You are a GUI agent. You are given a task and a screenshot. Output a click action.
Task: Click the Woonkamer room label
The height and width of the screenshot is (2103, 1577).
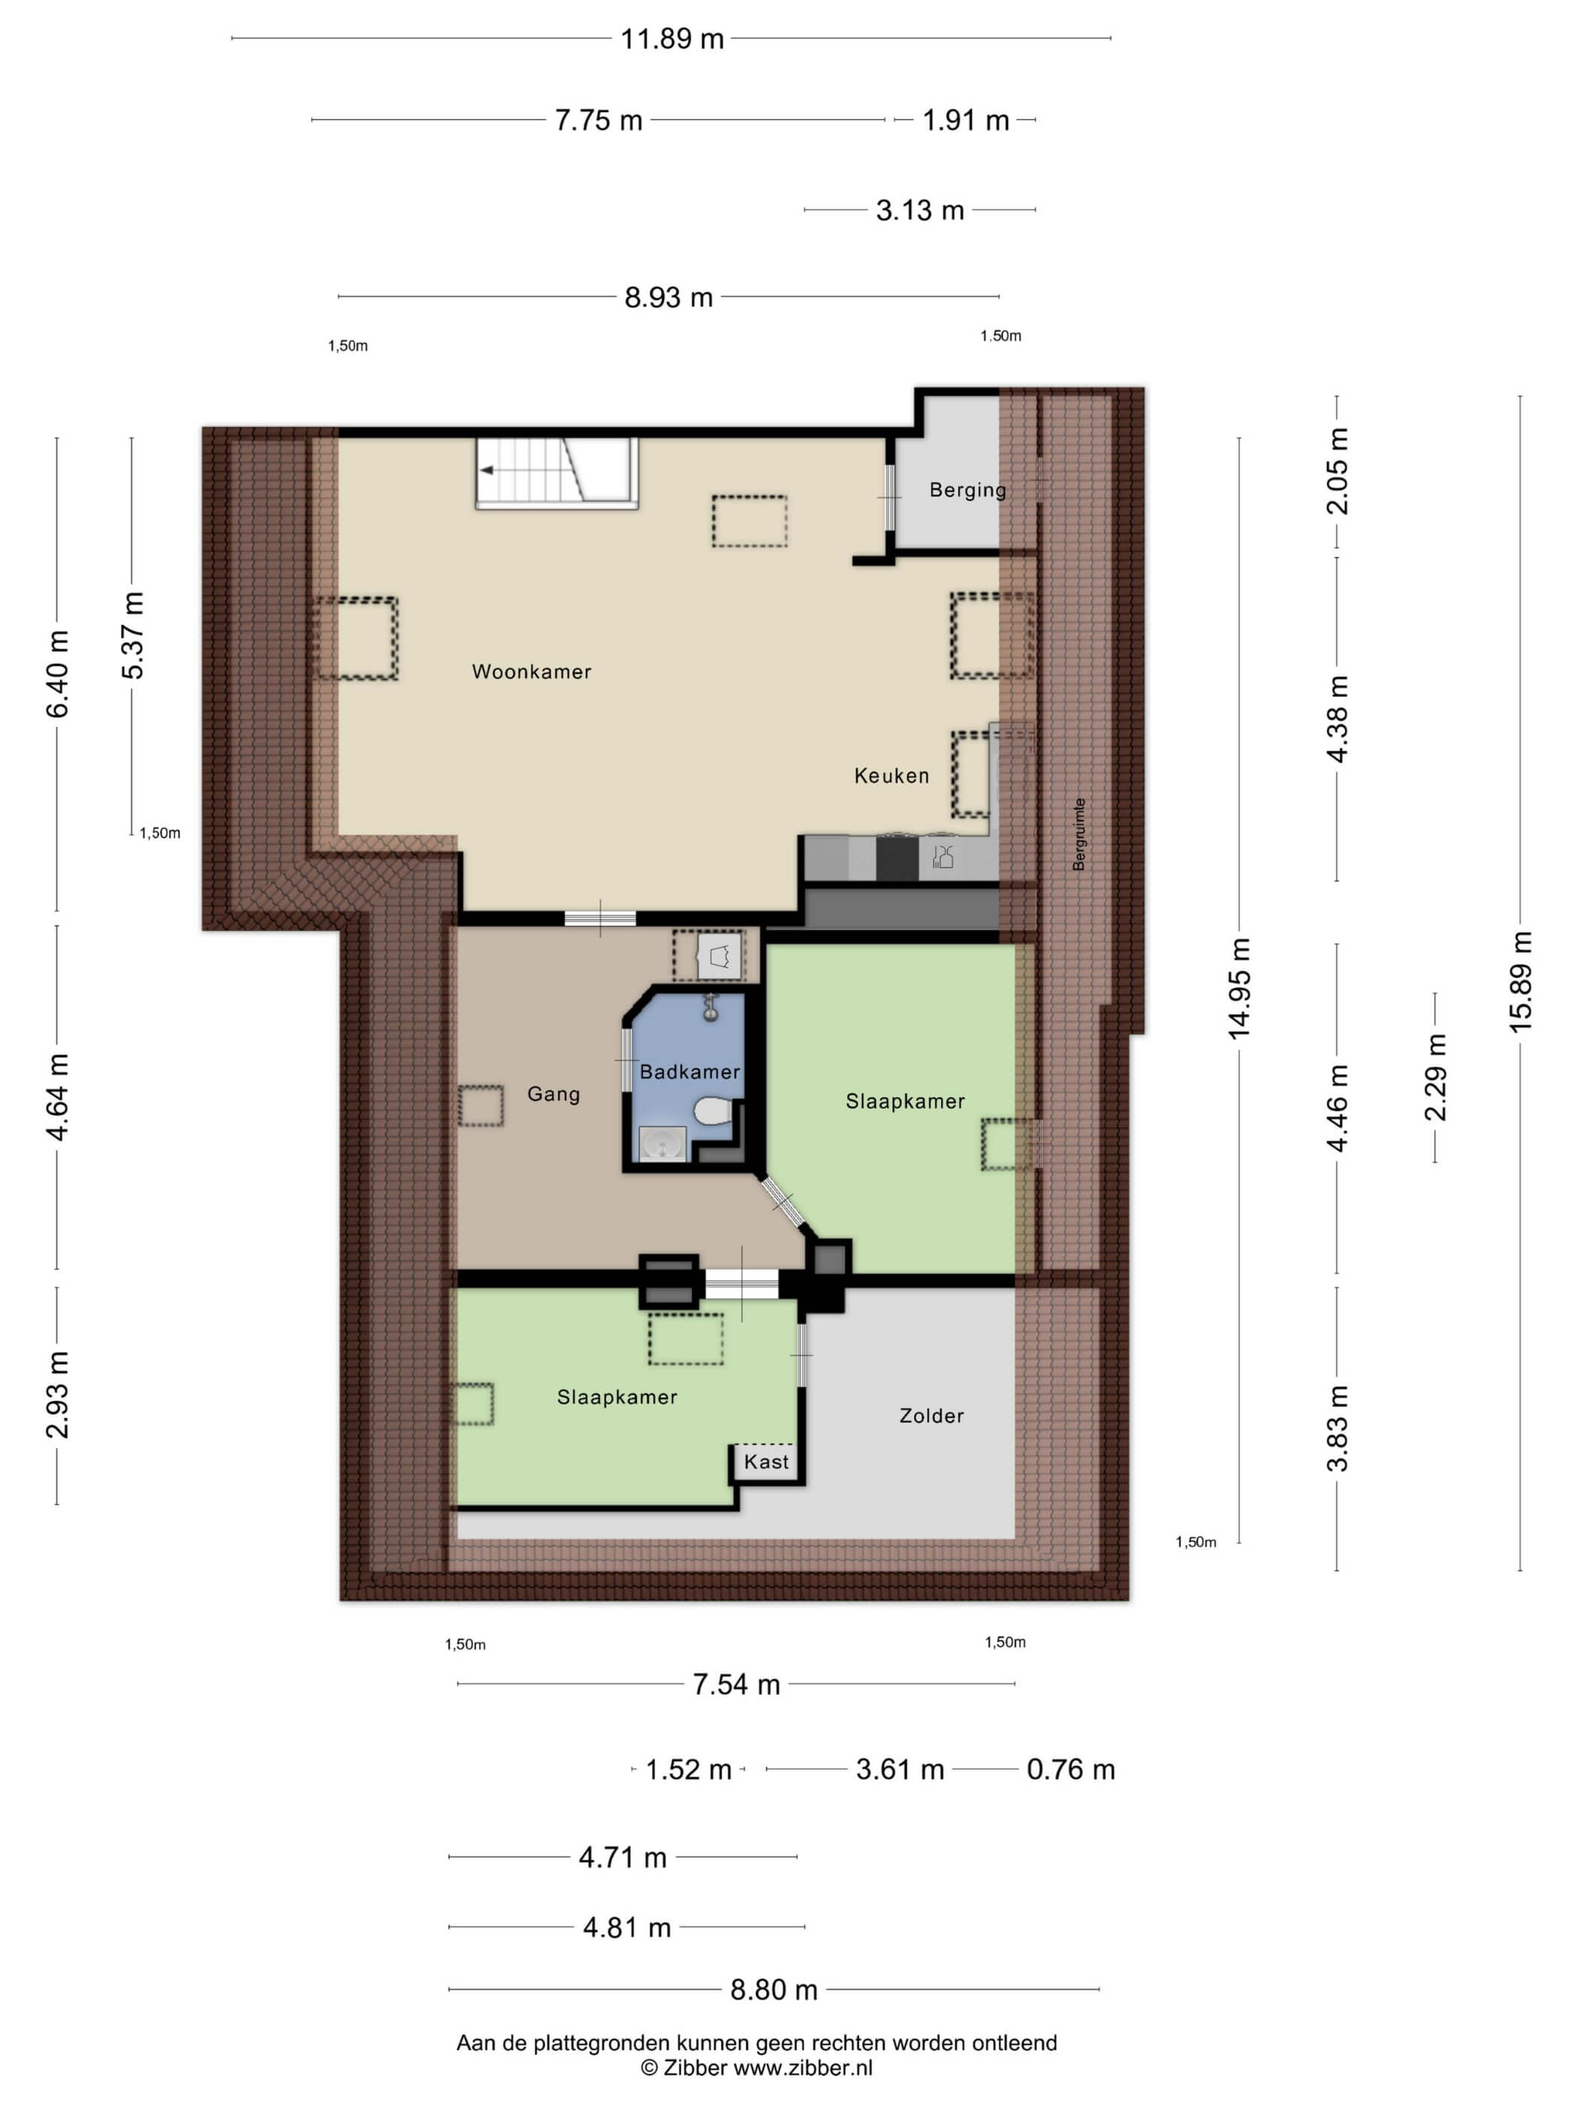(532, 671)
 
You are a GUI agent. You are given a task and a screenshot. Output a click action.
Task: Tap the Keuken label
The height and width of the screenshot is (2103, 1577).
(891, 776)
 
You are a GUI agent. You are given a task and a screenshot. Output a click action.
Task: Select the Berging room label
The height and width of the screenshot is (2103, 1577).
(968, 490)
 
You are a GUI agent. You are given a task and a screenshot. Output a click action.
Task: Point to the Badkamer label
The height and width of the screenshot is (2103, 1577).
(689, 1072)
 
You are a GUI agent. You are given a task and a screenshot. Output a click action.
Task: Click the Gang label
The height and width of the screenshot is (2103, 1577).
(553, 1094)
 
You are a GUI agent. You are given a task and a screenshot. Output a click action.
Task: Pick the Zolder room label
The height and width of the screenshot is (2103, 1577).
(932, 1416)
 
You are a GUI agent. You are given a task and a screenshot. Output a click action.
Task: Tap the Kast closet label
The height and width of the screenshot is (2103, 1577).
(766, 1462)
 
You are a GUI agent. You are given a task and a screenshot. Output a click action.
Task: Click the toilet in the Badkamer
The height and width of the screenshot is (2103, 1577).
(712, 1110)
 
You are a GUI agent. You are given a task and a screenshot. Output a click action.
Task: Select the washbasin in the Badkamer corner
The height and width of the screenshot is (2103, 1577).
(662, 1144)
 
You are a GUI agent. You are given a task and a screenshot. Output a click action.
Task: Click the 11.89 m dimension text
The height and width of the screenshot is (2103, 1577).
(672, 39)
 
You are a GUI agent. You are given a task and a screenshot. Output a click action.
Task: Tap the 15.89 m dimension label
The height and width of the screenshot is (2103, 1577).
(1520, 982)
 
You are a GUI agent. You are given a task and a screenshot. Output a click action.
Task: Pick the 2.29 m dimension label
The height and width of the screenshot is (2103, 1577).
(1435, 1077)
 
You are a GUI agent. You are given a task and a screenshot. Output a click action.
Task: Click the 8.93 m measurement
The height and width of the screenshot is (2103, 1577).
(668, 297)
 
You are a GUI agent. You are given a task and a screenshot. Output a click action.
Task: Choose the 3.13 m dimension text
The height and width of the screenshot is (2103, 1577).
(920, 210)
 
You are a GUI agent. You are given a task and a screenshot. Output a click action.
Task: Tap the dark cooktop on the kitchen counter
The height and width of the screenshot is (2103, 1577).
(897, 858)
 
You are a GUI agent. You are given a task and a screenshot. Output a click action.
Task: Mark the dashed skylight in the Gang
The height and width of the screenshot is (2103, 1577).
(481, 1106)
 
